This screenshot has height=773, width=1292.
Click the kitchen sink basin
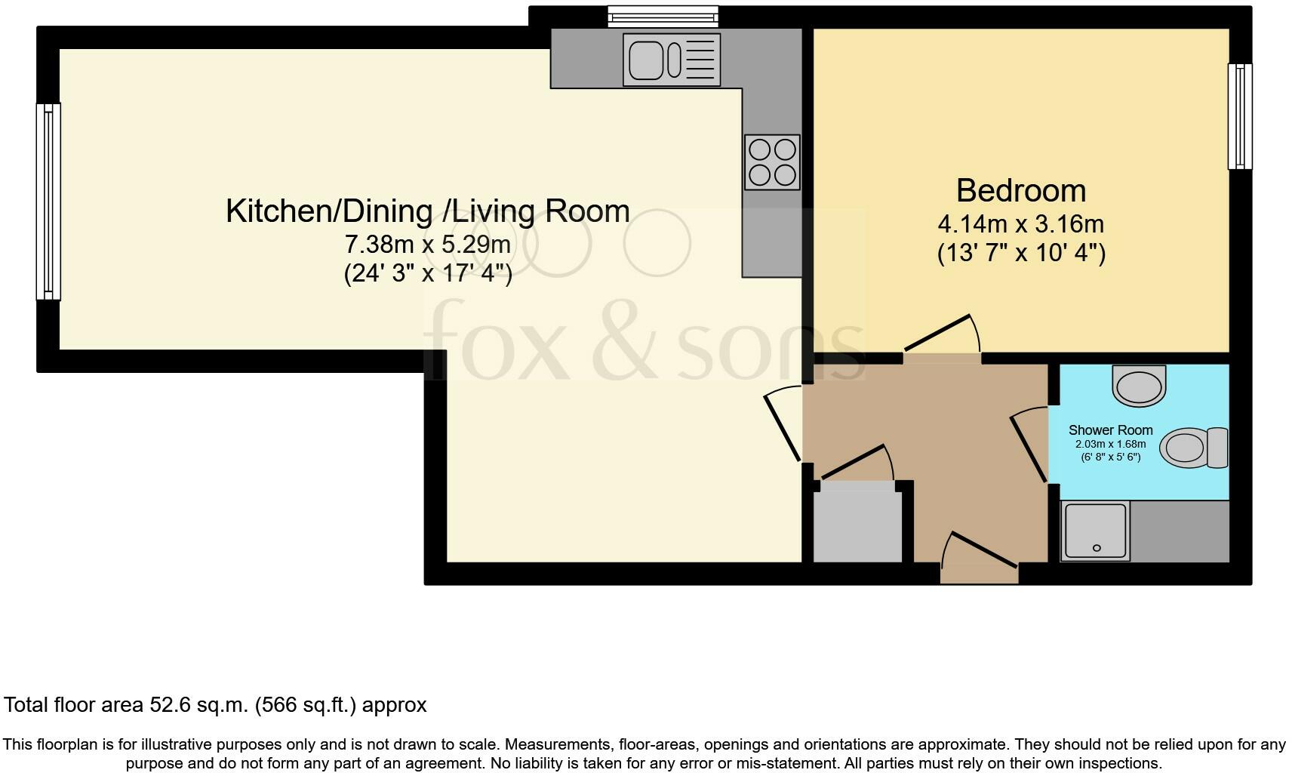pos(646,59)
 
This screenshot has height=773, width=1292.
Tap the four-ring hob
pos(771,162)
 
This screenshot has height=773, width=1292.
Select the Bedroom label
pos(1020,190)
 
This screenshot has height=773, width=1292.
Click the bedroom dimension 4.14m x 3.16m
pos(1020,224)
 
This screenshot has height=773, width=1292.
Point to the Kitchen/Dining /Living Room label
pos(427,211)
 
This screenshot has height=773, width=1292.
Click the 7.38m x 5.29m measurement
pos(427,245)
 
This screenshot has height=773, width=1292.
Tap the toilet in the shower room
pos(1194,448)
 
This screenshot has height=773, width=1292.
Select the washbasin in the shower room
pos(1140,386)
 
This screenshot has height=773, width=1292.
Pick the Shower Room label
pos(1110,430)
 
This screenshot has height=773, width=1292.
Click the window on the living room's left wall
pos(48,202)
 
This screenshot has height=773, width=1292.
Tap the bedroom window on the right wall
pos(1239,116)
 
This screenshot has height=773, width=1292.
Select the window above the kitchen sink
pos(663,15)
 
